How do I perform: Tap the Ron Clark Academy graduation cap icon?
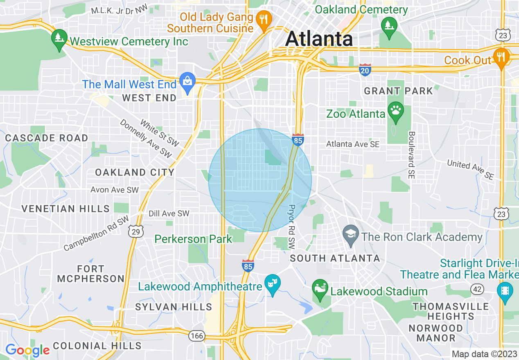click(x=351, y=235)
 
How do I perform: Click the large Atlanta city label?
click(x=319, y=39)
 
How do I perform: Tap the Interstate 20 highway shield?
click(x=365, y=70)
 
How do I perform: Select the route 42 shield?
click(x=477, y=289)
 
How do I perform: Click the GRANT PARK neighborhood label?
click(x=398, y=91)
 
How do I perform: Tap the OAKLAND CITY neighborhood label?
click(x=135, y=173)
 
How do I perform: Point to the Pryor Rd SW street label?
click(x=292, y=227)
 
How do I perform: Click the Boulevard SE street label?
click(x=411, y=155)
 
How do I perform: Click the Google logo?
click(x=27, y=350)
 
